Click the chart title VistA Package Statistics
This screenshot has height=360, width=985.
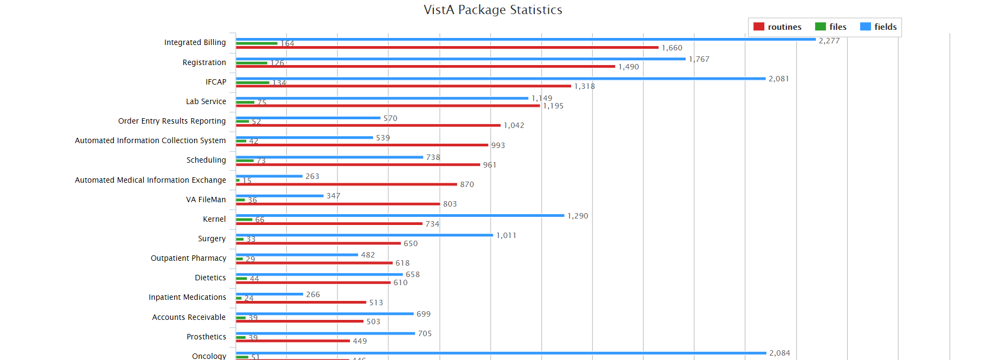point(492,10)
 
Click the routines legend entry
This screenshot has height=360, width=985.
point(777,27)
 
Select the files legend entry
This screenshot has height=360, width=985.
point(830,27)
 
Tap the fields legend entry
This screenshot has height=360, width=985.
point(878,27)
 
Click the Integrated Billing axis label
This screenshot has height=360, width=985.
point(195,42)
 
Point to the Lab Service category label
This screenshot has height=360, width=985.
point(206,101)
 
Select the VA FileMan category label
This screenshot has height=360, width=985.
point(206,200)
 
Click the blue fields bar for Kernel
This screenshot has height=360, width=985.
point(400,216)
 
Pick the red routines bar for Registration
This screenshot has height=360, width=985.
point(425,67)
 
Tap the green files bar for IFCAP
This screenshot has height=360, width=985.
point(253,82)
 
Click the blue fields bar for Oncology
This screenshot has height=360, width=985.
point(501,353)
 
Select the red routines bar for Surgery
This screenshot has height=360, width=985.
point(318,243)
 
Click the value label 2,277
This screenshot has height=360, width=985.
point(829,41)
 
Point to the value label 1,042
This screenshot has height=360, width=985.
point(514,125)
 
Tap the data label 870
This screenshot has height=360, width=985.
point(466,184)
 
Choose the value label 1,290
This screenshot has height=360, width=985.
point(577,216)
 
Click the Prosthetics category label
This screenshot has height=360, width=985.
point(206,337)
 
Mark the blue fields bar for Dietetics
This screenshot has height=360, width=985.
point(319,275)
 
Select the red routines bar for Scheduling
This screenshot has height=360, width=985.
point(358,165)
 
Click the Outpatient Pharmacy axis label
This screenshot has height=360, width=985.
point(188,258)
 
